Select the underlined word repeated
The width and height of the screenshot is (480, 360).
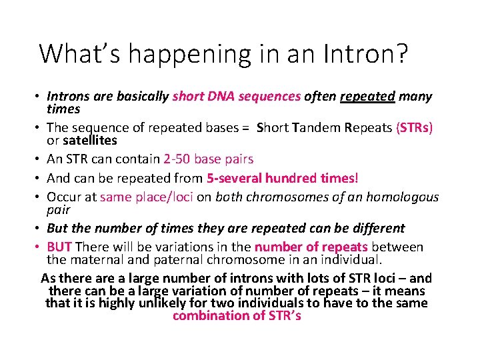[367, 96]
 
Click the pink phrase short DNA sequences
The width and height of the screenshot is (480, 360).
[236, 96]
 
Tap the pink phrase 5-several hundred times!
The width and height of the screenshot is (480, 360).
[282, 178]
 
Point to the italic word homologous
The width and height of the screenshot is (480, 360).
[399, 197]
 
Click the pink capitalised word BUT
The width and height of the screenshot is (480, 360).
[59, 247]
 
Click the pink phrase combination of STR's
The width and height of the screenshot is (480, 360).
[237, 316]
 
